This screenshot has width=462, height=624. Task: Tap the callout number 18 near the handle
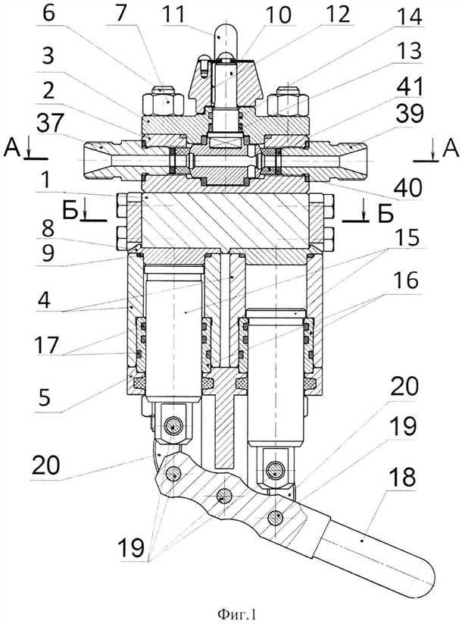[x=403, y=477]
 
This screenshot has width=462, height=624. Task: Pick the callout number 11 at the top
[x=48, y=13]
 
